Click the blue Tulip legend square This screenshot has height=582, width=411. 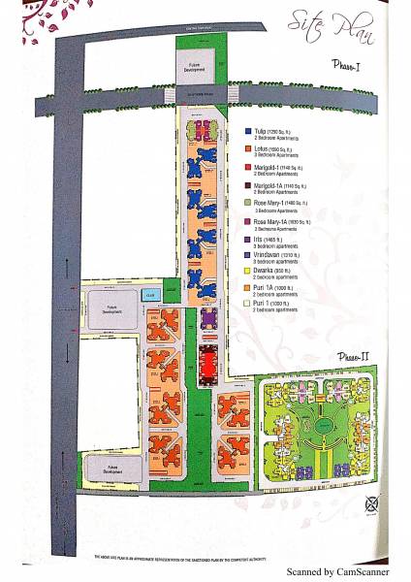[249, 130]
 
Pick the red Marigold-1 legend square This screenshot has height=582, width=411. [249, 167]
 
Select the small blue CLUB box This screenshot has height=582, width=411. [150, 293]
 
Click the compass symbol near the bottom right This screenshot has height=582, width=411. [371, 501]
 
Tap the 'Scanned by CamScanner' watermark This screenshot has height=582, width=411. [336, 571]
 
